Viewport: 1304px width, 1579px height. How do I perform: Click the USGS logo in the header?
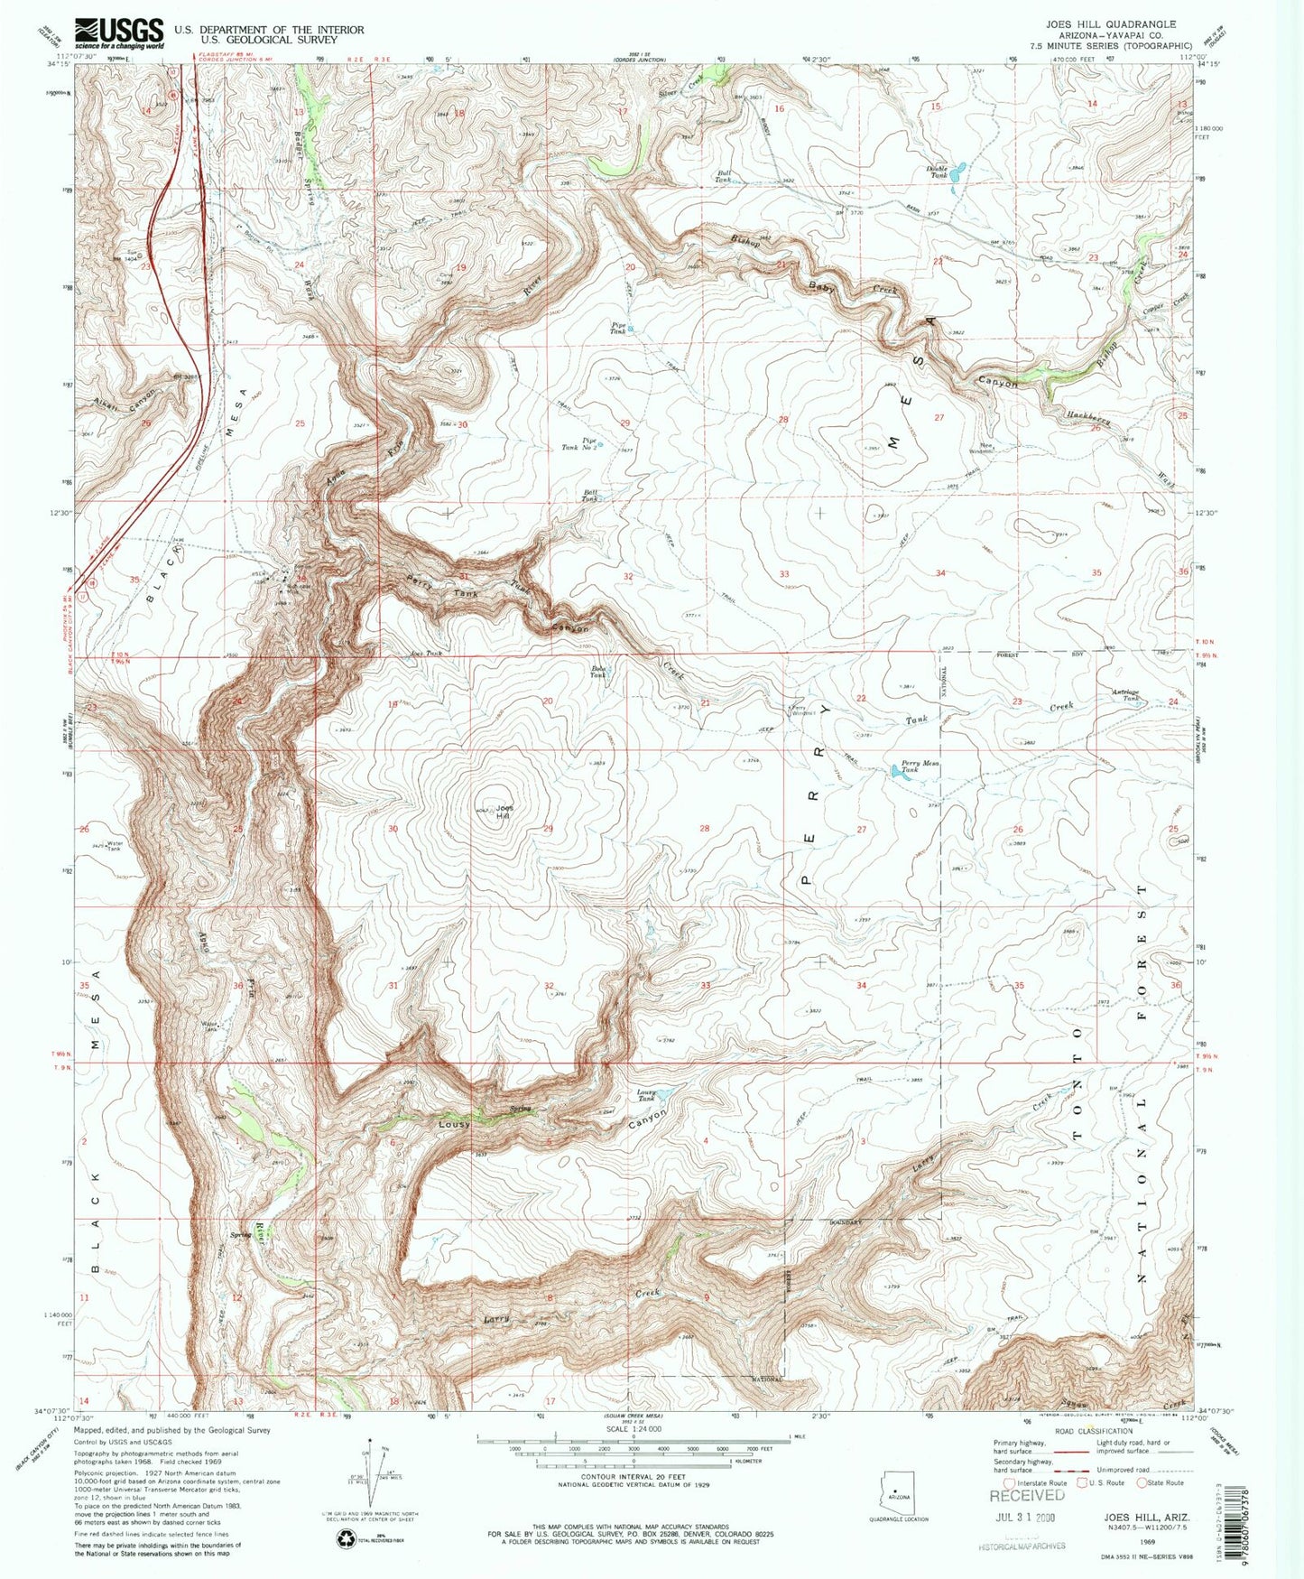click(119, 33)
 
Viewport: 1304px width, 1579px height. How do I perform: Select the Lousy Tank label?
click(646, 1095)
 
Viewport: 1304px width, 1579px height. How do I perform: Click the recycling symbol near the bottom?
click(346, 1538)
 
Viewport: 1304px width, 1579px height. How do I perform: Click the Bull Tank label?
click(724, 176)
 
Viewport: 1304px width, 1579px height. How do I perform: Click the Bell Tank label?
click(589, 496)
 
